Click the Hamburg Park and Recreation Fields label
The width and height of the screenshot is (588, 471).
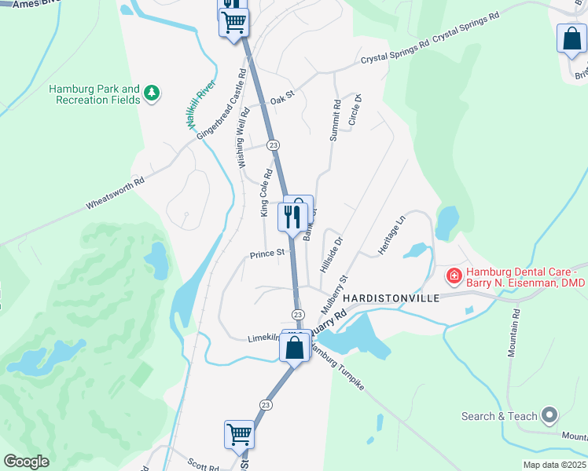point(94,95)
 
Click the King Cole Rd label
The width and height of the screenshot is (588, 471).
point(266,192)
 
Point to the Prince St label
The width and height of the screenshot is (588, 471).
point(266,254)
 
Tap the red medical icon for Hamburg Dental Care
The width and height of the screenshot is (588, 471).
point(454,276)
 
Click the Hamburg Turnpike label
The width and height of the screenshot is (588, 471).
point(341,373)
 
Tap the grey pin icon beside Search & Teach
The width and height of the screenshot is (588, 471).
point(549,415)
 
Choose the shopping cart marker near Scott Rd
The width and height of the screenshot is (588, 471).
point(239,434)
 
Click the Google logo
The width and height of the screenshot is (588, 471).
point(26,462)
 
